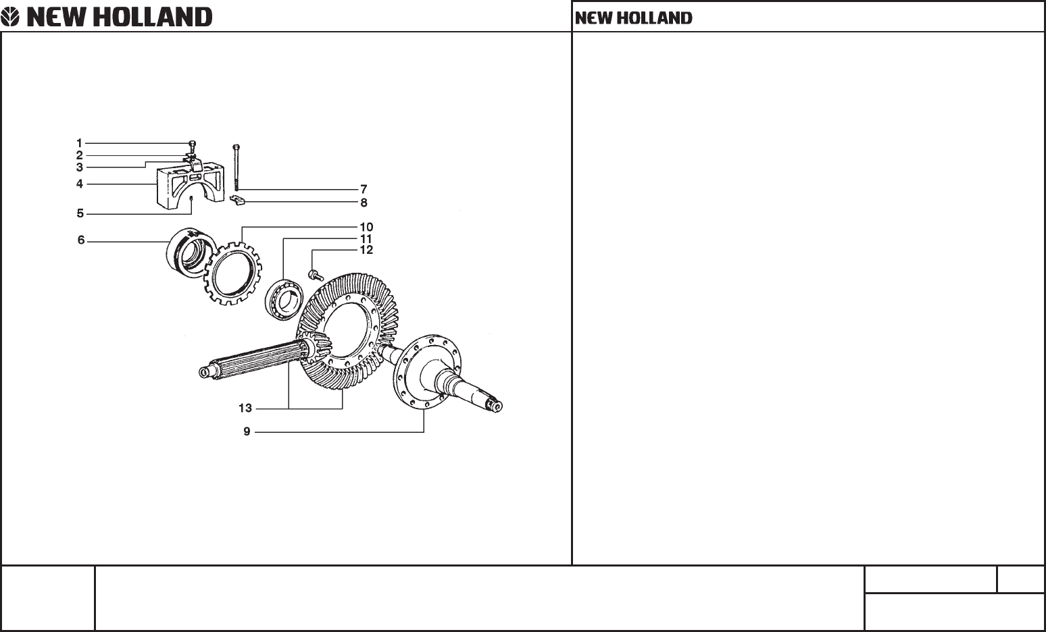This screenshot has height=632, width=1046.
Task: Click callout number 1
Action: tap(79, 143)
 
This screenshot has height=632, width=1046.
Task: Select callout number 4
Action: tap(79, 184)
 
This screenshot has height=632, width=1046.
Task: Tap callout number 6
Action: tap(81, 240)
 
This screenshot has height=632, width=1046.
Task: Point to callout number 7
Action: tap(364, 190)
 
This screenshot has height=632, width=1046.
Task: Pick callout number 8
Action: tap(364, 202)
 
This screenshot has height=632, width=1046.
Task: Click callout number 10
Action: tap(366, 228)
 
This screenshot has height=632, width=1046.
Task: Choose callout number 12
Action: tap(366, 250)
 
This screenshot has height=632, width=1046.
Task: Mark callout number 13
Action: tap(245, 408)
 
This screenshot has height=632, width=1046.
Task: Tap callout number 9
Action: tap(247, 431)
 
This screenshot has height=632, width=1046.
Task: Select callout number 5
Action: tap(80, 213)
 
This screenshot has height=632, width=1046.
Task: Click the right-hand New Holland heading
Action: tap(633, 18)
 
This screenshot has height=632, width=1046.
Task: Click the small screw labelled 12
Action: tap(315, 274)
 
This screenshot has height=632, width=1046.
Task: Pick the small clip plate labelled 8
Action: tap(236, 199)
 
